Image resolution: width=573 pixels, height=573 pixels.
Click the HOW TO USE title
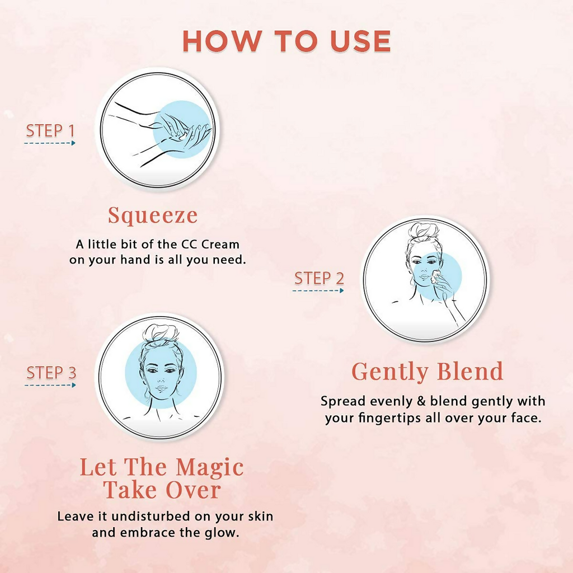[x=286, y=41]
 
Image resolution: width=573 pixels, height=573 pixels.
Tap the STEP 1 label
[x=50, y=131]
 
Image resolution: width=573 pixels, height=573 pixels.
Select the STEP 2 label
[x=319, y=279]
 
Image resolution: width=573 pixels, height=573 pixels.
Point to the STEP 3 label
[x=51, y=373]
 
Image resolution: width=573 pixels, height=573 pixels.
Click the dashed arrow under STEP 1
[x=50, y=143]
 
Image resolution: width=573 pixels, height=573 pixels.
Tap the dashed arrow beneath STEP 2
[x=318, y=290]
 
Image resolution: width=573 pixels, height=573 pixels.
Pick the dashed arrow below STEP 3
[x=50, y=385]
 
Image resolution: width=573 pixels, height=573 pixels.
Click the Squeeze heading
[x=153, y=215]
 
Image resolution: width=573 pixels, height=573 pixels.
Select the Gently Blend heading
[x=427, y=372]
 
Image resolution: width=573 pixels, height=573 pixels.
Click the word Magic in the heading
[x=209, y=468]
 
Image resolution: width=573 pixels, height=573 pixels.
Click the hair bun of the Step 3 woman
[x=161, y=333]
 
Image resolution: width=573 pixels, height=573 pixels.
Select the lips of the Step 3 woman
[x=161, y=388]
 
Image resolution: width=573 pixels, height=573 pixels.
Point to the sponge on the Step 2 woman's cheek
[x=435, y=276]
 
